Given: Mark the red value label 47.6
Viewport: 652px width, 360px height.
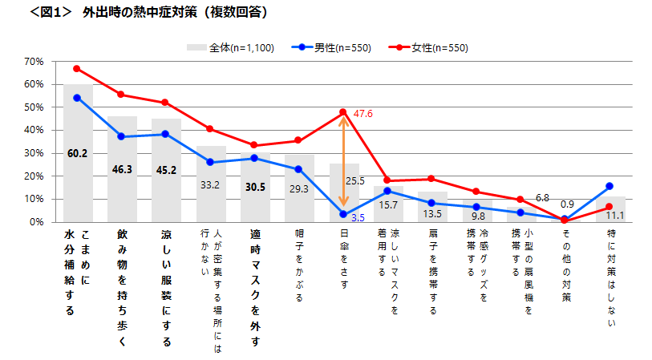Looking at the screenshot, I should click(x=362, y=115).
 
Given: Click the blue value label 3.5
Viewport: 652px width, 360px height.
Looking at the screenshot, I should click(x=358, y=217).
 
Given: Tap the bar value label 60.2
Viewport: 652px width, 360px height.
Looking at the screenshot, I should click(x=77, y=154).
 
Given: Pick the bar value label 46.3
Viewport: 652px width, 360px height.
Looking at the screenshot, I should click(x=121, y=170).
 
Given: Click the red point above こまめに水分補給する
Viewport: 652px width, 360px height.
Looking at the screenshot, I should click(x=77, y=68).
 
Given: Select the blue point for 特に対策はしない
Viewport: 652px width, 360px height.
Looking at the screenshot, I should click(x=609, y=186).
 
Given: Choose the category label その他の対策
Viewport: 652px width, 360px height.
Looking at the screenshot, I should click(x=565, y=265).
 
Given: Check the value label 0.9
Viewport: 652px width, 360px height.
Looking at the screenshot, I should click(x=566, y=204).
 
